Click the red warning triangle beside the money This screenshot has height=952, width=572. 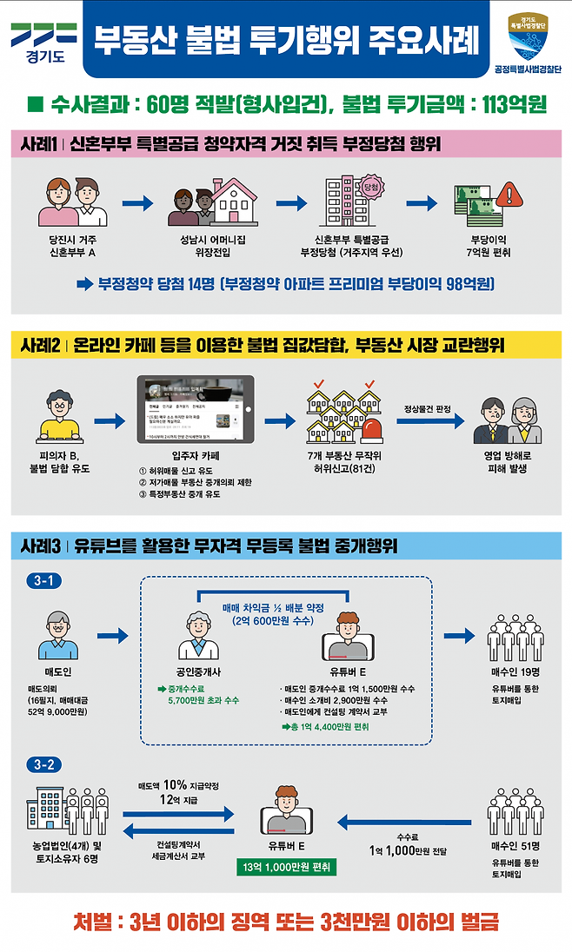coord(513,195)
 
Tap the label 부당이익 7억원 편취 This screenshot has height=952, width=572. coord(489,246)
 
